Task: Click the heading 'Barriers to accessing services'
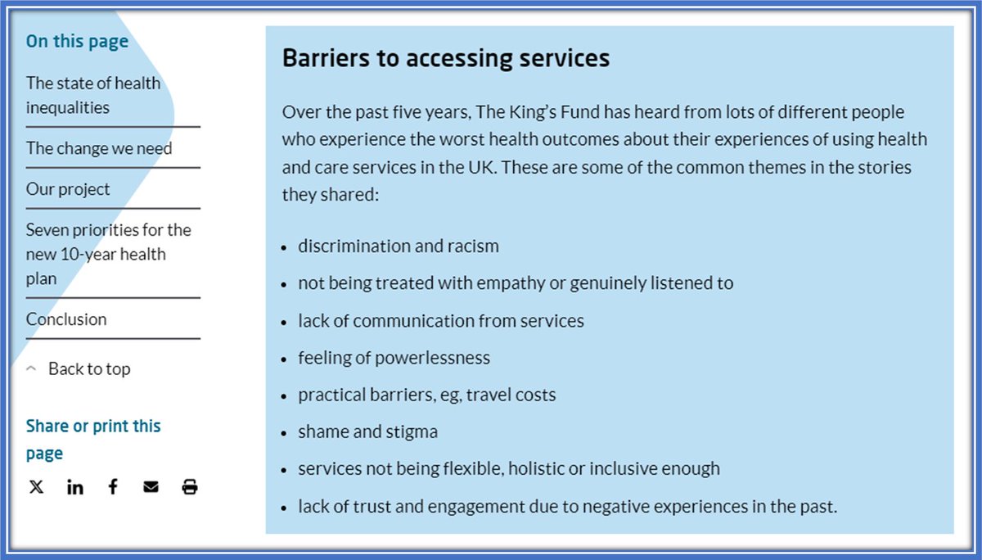445,59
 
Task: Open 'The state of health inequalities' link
93,95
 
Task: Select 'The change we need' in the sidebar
99,148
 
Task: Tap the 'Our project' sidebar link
68,189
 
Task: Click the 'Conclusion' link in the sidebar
66,319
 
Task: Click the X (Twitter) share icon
37,487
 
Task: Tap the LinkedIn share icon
75,487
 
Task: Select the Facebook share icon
113,487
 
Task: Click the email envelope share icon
151,487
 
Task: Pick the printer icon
190,487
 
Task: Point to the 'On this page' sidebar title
77,41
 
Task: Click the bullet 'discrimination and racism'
398,246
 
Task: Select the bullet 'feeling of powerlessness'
394,358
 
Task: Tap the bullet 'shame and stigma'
367,431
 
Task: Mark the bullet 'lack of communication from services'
440,320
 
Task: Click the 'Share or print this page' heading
93,439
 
